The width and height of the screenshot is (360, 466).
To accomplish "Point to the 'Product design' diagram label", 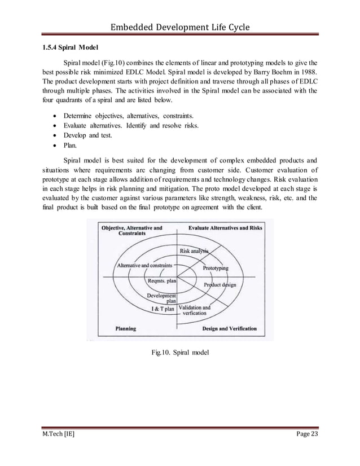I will click(220, 285).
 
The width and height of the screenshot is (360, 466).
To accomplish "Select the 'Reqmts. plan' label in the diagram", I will click(162, 280).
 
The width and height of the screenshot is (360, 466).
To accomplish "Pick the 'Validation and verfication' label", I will click(195, 311).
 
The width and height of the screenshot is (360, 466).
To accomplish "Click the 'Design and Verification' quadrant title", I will click(229, 328).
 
